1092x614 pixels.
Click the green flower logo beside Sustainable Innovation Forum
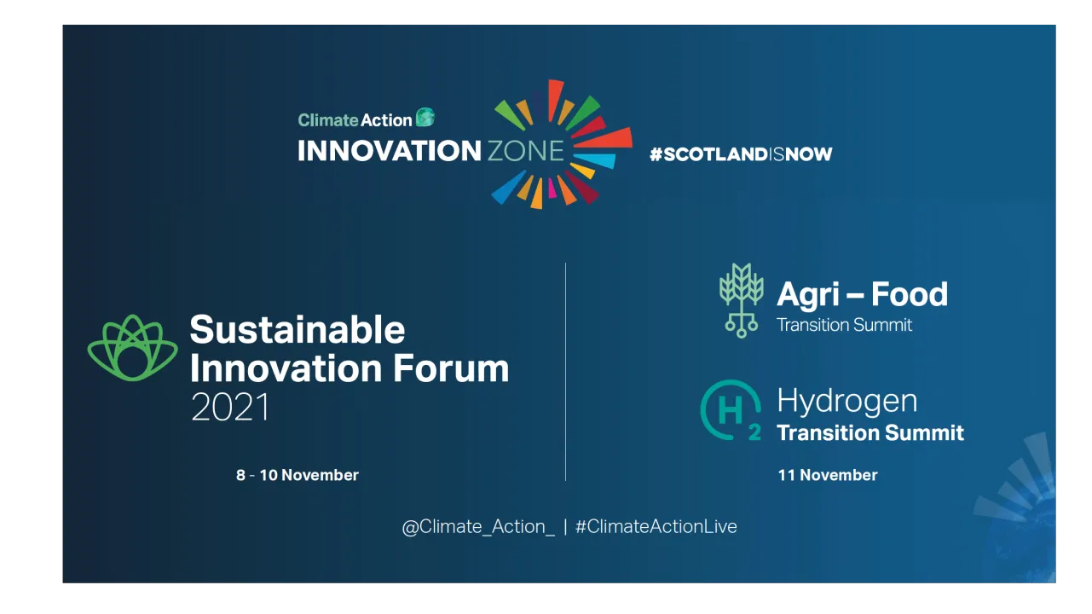[132, 348]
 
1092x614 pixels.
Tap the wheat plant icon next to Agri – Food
[741, 300]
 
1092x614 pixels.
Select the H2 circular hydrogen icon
[731, 410]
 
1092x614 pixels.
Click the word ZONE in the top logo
[525, 151]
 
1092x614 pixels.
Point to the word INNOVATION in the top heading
[390, 151]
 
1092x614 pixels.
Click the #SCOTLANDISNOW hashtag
[741, 154]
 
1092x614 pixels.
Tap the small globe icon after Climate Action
[425, 117]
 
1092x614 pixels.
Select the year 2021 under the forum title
[230, 407]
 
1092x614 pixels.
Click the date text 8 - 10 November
[298, 475]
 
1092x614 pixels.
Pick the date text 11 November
[828, 475]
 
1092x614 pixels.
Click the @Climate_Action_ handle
[478, 527]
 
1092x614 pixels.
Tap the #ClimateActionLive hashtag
[656, 527]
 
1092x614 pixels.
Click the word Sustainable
[298, 330]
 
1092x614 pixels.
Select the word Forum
[451, 368]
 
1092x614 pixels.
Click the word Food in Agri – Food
[910, 294]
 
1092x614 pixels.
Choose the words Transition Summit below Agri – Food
[844, 325]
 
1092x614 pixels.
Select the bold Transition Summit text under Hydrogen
[870, 433]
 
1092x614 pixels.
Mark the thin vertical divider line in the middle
[565, 372]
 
